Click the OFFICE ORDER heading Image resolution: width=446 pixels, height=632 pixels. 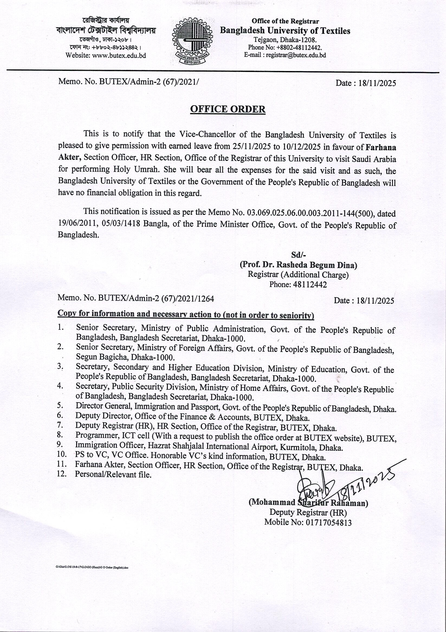click(228, 109)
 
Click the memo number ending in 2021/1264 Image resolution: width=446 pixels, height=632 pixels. click(135, 298)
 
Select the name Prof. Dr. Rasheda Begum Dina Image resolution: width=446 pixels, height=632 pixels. click(299, 265)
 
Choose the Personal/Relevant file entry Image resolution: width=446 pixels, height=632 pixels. click(113, 474)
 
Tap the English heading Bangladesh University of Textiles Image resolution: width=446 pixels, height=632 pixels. click(285, 31)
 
